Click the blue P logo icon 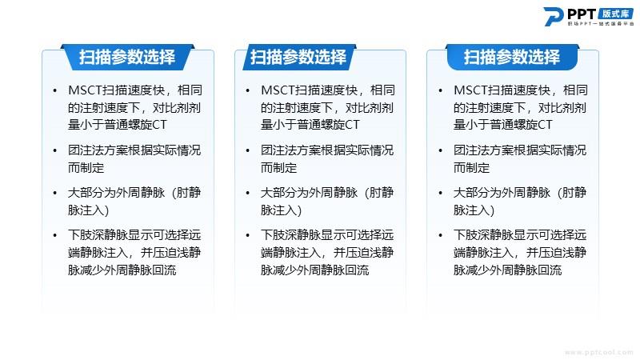553,16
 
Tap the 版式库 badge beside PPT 616,14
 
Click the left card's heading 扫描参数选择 127,57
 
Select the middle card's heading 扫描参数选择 298,57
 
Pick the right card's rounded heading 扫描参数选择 512,57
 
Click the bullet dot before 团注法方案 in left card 54,150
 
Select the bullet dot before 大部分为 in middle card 247,193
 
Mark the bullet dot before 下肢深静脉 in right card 440,235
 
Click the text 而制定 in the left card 86,168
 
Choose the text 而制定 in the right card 471,168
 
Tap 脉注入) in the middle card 282,210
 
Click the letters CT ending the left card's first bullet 159,125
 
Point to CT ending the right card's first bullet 545,125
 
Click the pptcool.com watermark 599,352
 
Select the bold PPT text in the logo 582,14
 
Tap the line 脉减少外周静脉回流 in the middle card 314,270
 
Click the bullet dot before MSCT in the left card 54,90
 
